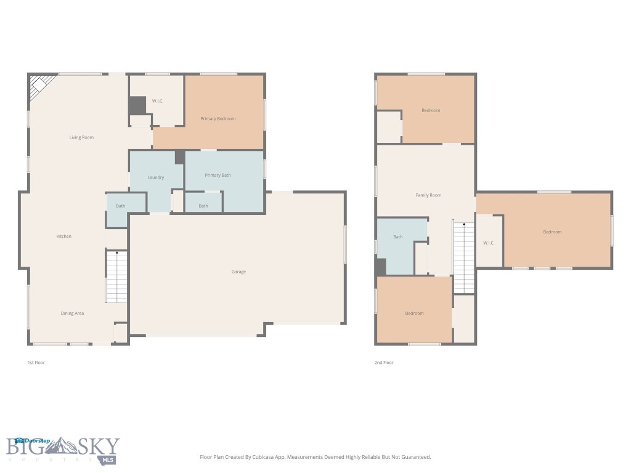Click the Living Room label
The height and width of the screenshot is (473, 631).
[x=81, y=137]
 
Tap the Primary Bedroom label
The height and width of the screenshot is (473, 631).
[x=218, y=119]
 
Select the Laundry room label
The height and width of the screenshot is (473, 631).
[x=156, y=177]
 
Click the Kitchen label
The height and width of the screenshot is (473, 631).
[x=64, y=236]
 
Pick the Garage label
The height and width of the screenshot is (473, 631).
[x=238, y=272]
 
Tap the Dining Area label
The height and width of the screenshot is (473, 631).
[x=72, y=313]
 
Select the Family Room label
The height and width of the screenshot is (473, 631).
[x=428, y=195]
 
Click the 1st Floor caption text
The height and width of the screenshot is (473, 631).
[x=36, y=363]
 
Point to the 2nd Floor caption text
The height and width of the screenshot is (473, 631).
[x=384, y=363]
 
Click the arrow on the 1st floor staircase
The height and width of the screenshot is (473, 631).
[x=116, y=253]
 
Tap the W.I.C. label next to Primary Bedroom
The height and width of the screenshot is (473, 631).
[x=158, y=101]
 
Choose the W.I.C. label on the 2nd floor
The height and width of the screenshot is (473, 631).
[x=489, y=243]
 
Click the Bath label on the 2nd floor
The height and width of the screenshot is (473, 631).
[x=398, y=237]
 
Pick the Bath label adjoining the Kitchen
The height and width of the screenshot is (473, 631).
[x=121, y=206]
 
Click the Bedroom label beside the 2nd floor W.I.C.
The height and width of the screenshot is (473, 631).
[x=552, y=232]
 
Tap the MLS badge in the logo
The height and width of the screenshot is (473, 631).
[x=108, y=459]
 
